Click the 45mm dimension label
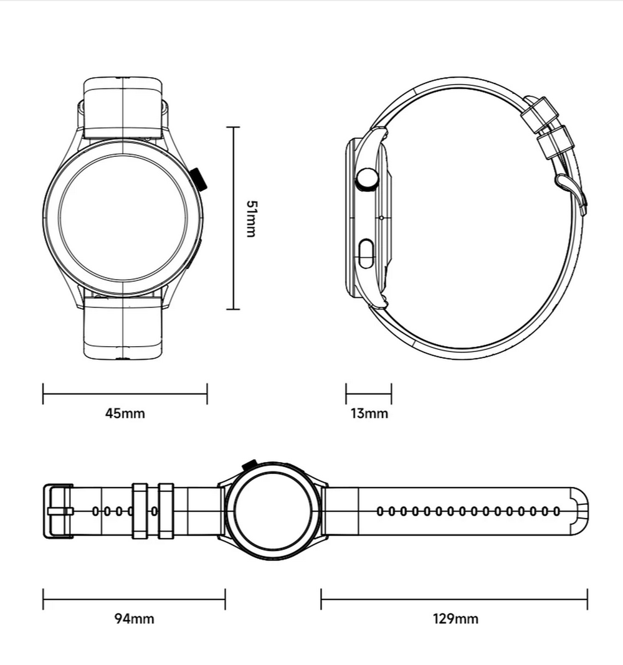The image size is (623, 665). [125, 413]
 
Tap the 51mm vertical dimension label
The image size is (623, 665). [251, 219]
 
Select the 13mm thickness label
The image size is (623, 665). [369, 413]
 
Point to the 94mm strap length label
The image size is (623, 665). [134, 618]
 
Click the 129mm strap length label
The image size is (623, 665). [455, 618]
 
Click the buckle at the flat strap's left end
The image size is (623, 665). [57, 511]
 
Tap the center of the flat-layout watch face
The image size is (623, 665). [272, 511]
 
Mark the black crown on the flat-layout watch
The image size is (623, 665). [249, 464]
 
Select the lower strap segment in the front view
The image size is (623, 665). [123, 328]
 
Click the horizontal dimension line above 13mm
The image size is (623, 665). [369, 394]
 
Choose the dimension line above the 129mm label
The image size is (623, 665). [454, 600]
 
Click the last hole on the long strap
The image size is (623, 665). [556, 511]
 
